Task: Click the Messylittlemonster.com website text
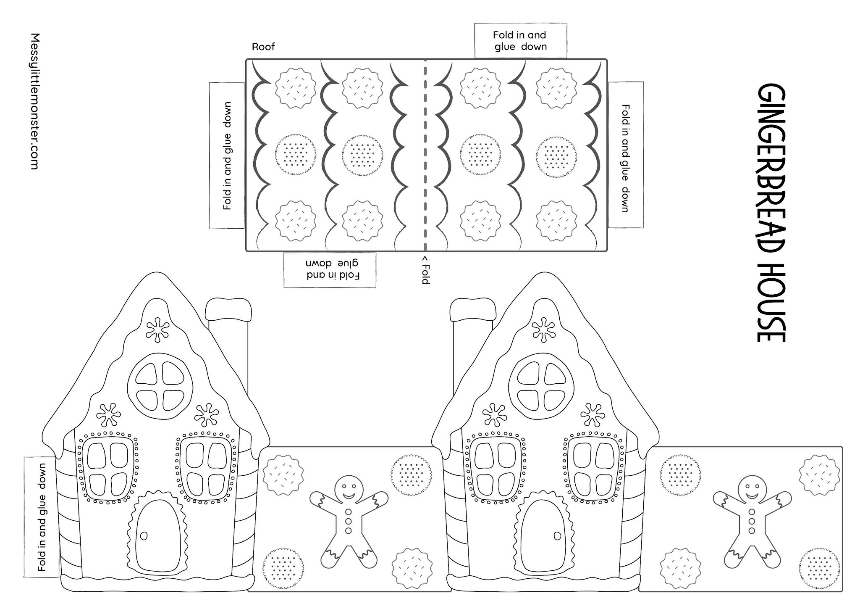(x=35, y=101)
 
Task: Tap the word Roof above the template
(x=263, y=47)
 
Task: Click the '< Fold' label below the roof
(x=425, y=269)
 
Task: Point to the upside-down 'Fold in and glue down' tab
(x=330, y=270)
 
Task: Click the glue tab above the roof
(x=520, y=41)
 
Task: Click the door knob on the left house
(x=144, y=536)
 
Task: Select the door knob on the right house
(x=557, y=536)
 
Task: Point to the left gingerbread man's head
(x=349, y=488)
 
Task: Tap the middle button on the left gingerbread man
(x=348, y=521)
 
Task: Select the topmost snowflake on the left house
(x=157, y=330)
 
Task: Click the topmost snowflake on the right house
(x=543, y=330)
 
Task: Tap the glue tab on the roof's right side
(x=625, y=156)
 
